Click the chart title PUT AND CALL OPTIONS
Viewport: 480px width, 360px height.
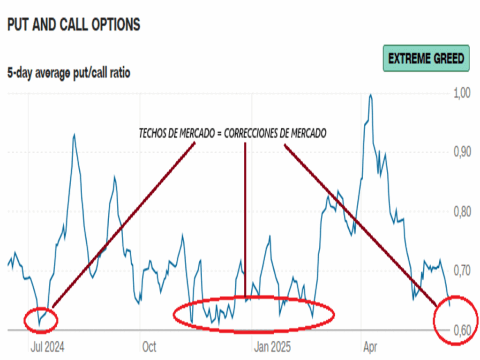click(74, 25)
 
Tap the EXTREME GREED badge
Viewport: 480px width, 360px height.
click(426, 58)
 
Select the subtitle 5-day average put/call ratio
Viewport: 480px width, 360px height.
click(68, 73)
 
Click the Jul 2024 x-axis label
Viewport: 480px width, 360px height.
click(47, 347)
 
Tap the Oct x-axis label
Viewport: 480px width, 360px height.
click(149, 347)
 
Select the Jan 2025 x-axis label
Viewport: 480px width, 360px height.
click(272, 347)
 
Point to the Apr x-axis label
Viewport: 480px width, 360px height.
click(370, 347)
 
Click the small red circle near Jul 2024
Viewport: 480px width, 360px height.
click(41, 321)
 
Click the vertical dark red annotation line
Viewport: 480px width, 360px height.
click(245, 220)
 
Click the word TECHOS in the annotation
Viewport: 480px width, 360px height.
click(151, 134)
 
